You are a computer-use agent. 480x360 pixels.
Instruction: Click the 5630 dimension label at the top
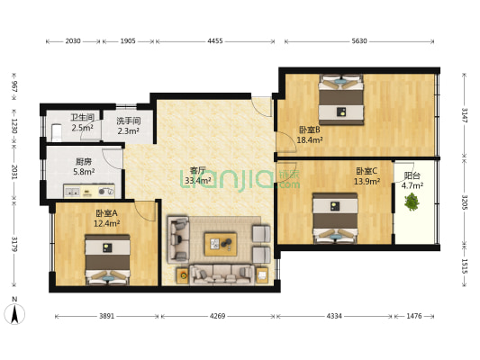(359, 41)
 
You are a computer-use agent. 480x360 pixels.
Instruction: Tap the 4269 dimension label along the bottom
(217, 316)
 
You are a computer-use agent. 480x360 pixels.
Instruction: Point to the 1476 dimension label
(414, 316)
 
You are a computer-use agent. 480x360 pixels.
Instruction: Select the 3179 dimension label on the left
(14, 244)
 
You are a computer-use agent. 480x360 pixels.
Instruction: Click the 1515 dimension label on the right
(465, 266)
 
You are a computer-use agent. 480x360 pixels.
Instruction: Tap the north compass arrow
(14, 314)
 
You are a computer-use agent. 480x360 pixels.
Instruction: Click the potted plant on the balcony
(412, 202)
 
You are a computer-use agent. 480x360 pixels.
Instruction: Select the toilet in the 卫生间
(57, 132)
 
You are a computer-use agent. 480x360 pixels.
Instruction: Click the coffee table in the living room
(221, 244)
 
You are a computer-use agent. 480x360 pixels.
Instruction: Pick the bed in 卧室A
(107, 260)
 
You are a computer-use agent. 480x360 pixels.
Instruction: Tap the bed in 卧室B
(341, 100)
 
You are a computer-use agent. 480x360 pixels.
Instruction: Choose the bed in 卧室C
(335, 218)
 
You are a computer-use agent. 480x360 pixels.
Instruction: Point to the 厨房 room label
(83, 161)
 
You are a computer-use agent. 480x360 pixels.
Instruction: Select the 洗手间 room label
(128, 121)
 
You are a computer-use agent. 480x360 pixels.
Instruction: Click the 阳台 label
(412, 175)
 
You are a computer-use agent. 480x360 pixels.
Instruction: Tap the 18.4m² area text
(310, 140)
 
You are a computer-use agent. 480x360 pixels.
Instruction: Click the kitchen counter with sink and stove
(89, 191)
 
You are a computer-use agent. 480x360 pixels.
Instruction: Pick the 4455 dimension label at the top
(215, 41)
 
